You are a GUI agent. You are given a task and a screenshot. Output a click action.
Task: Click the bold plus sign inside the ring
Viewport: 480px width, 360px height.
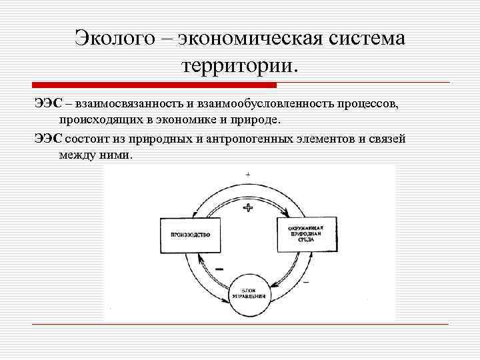point(248,208)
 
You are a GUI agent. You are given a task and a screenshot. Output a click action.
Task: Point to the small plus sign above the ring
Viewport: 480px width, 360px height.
point(248,174)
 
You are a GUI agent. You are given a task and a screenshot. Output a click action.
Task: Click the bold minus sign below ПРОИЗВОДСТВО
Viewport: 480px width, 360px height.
point(219,267)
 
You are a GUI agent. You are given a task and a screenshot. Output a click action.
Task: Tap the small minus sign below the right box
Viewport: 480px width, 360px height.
point(306,283)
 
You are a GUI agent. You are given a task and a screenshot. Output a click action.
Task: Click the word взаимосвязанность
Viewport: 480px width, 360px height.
point(130,104)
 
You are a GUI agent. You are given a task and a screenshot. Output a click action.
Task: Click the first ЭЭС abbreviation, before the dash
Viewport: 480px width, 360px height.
point(47,104)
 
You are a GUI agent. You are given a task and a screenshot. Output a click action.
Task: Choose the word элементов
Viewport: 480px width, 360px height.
point(347,138)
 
